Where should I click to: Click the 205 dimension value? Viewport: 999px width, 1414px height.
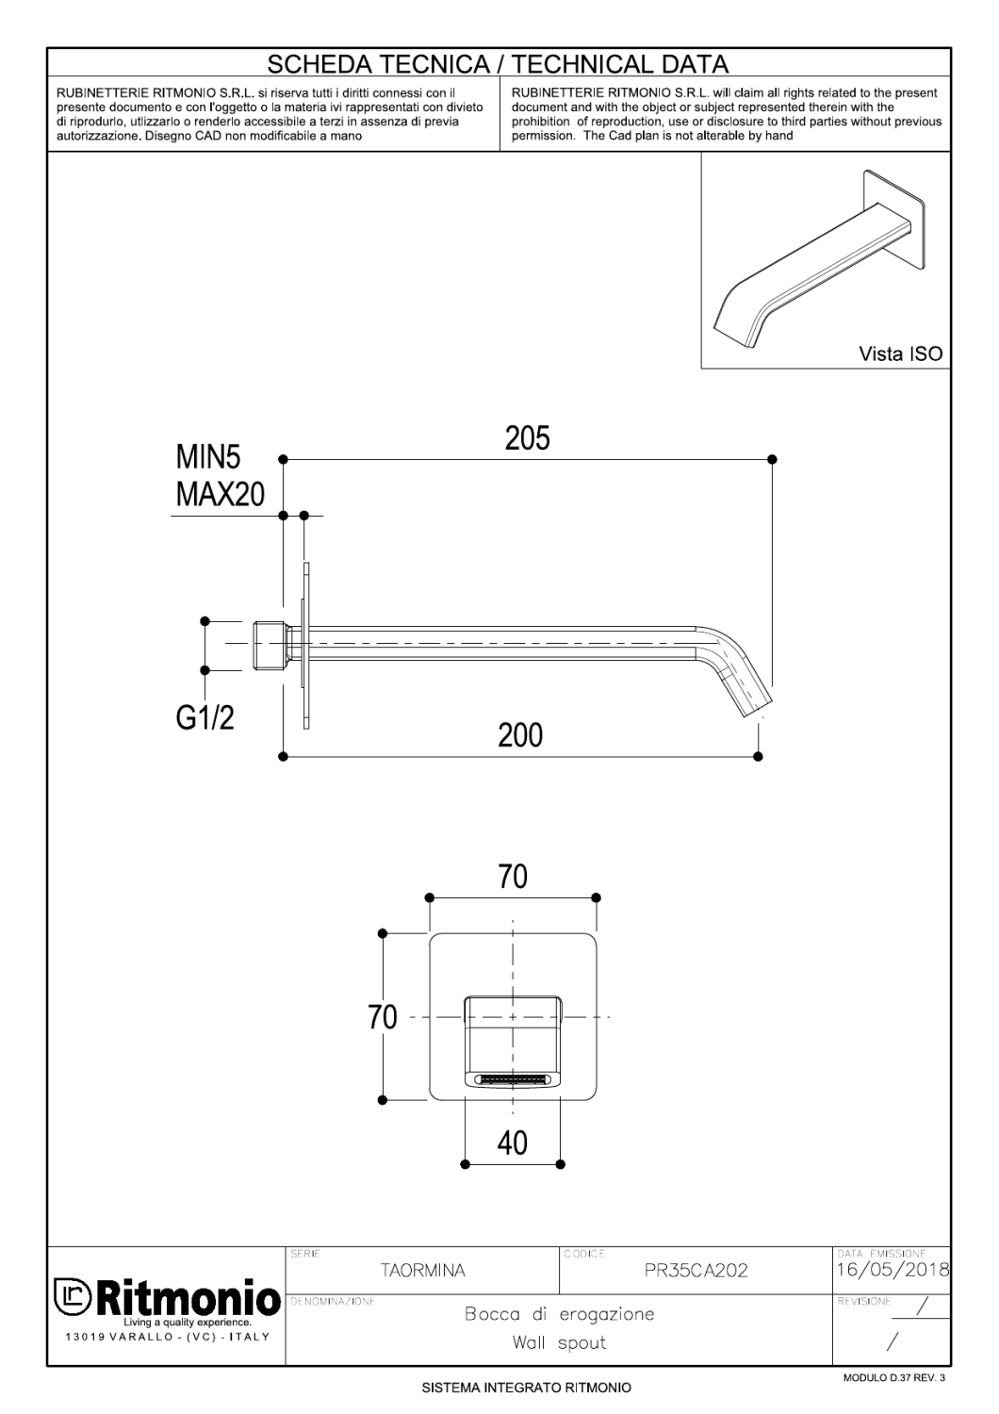point(527,438)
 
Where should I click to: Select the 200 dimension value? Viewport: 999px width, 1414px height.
point(520,734)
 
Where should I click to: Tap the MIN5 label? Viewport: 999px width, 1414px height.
point(207,458)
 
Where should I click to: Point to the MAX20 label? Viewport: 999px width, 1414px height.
point(220,494)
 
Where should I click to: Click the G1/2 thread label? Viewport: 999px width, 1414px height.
point(205,718)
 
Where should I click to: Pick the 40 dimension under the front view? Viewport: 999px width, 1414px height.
point(512,1143)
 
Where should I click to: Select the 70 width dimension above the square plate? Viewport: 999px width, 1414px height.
point(512,877)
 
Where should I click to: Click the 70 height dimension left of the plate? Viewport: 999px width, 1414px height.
point(383,1018)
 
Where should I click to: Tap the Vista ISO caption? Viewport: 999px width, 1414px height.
point(899,354)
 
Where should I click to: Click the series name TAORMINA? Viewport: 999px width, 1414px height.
point(422,1271)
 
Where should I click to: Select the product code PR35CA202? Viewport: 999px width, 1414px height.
point(696,1271)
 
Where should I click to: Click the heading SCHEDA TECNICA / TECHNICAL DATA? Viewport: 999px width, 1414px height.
point(499,64)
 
